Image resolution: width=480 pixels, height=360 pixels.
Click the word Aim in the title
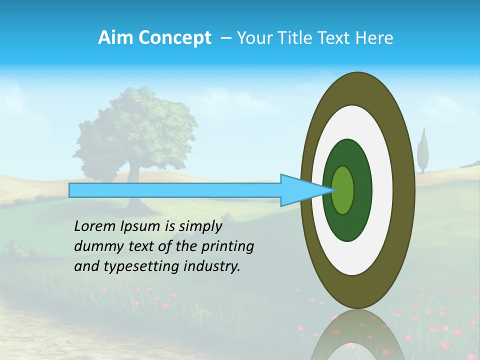[115, 38]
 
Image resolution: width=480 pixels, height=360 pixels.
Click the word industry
[211, 266]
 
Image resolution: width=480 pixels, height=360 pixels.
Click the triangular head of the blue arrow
[300, 190]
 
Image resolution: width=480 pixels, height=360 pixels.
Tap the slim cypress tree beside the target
[423, 150]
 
